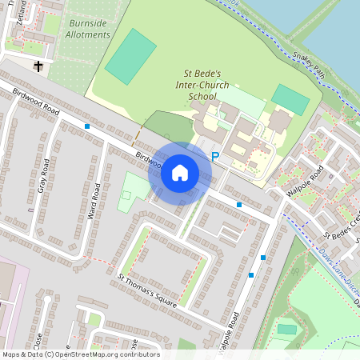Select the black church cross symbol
(x=38, y=66)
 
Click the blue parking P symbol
(x=214, y=157)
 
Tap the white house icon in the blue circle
(x=180, y=172)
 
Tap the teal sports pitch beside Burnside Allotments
(x=130, y=56)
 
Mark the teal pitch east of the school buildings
(x=290, y=99)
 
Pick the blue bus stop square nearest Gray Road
(x=87, y=126)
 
